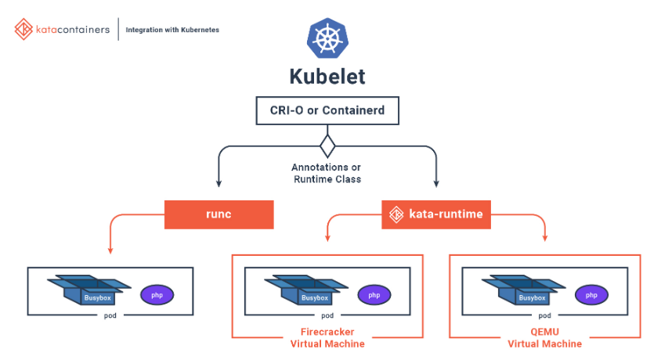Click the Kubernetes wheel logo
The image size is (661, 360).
327,38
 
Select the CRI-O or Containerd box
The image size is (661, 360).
327,110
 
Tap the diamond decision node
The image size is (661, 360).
327,146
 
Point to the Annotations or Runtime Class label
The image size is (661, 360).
327,173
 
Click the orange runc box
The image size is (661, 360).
219,214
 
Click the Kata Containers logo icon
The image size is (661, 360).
23,30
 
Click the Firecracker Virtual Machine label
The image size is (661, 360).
327,337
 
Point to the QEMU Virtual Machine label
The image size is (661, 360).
545,337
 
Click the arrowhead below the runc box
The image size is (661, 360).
110,250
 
